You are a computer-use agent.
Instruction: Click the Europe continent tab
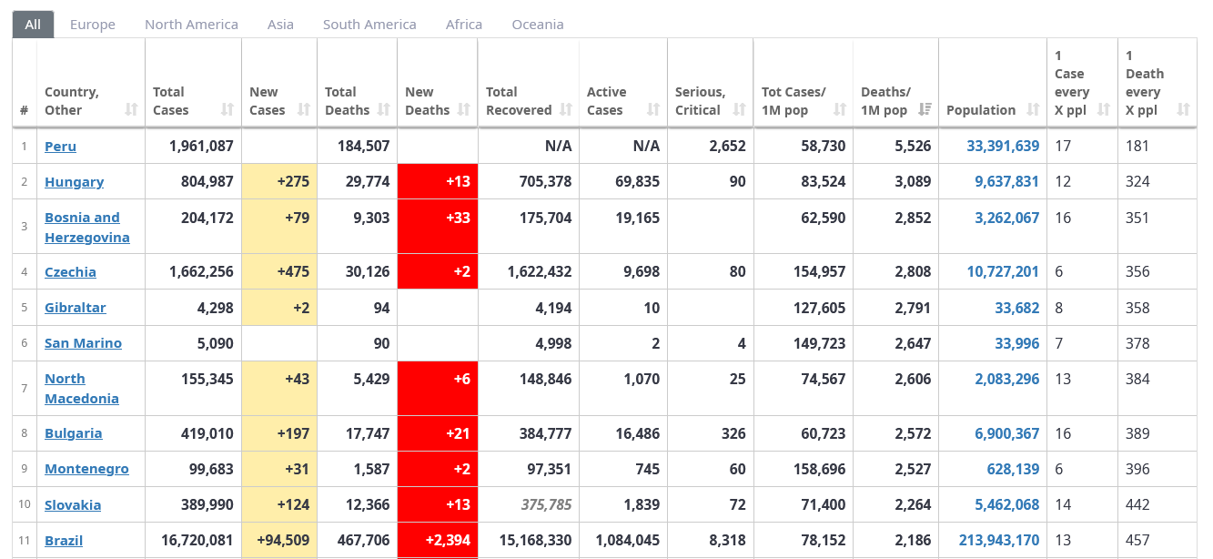(x=93, y=25)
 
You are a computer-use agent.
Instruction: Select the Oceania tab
(x=538, y=25)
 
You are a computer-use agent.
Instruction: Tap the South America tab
(x=369, y=25)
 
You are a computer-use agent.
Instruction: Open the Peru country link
(x=60, y=147)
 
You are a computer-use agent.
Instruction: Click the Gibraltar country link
(x=76, y=308)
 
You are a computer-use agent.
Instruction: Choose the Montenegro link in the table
(x=86, y=469)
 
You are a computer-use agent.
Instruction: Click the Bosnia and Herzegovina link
(x=87, y=227)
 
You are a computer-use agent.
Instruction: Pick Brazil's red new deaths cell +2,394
(x=438, y=540)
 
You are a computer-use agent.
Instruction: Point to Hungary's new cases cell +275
(x=279, y=181)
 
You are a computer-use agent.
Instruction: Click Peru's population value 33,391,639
(x=1003, y=147)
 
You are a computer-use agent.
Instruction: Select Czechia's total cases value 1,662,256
(x=201, y=271)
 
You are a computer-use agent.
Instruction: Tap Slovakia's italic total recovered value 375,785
(x=546, y=505)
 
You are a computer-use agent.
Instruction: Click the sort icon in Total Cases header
(x=227, y=110)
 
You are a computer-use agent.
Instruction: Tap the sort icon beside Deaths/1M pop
(x=925, y=110)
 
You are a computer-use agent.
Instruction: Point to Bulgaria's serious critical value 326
(x=733, y=433)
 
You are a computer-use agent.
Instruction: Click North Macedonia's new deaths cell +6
(x=438, y=389)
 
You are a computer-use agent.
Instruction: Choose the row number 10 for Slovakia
(x=25, y=504)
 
